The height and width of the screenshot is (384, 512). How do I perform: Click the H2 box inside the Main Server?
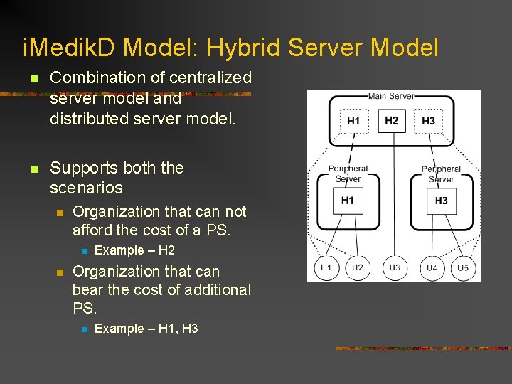(391, 120)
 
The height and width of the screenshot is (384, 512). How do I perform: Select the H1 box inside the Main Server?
(353, 121)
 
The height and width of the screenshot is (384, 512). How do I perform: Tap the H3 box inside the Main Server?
(428, 121)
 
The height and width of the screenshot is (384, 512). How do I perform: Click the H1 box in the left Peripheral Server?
(348, 201)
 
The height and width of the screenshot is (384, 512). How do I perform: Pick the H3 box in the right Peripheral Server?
(441, 201)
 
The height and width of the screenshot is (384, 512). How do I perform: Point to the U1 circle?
(326, 267)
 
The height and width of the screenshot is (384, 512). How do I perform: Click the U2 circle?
(357, 267)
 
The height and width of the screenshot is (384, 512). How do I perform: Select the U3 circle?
(395, 267)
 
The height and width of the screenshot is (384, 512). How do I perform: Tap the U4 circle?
(432, 267)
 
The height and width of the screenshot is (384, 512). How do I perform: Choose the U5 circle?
(463, 267)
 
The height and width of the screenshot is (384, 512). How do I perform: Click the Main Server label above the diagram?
(391, 96)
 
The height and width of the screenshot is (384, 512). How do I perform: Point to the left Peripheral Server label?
(348, 174)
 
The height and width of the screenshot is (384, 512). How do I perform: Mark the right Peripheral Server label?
(441, 174)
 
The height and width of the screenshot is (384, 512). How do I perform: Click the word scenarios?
(86, 188)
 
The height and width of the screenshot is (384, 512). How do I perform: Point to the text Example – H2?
(134, 250)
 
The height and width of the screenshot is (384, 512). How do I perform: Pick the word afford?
(94, 230)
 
